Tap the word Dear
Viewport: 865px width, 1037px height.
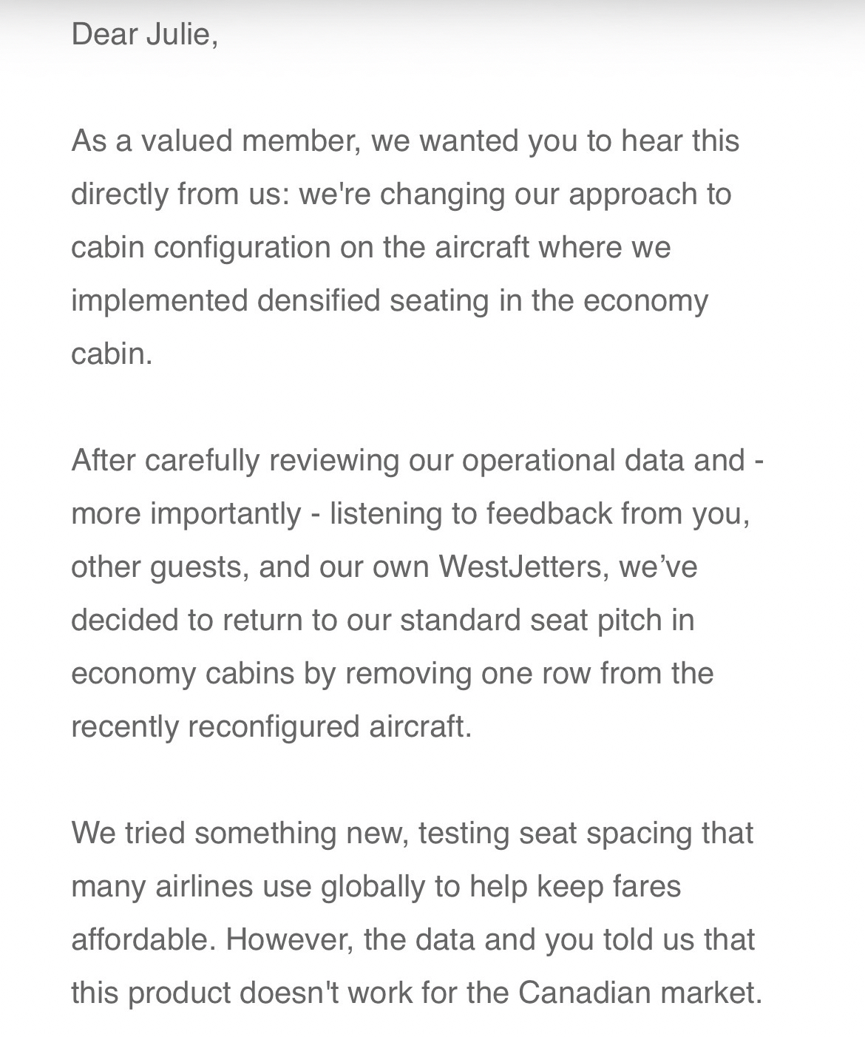click(102, 35)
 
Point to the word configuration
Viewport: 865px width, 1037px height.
click(242, 247)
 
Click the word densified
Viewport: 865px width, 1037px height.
click(319, 300)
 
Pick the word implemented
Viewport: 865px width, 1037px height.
click(159, 300)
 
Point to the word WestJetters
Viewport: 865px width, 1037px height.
click(520, 567)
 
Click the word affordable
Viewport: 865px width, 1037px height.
click(144, 939)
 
